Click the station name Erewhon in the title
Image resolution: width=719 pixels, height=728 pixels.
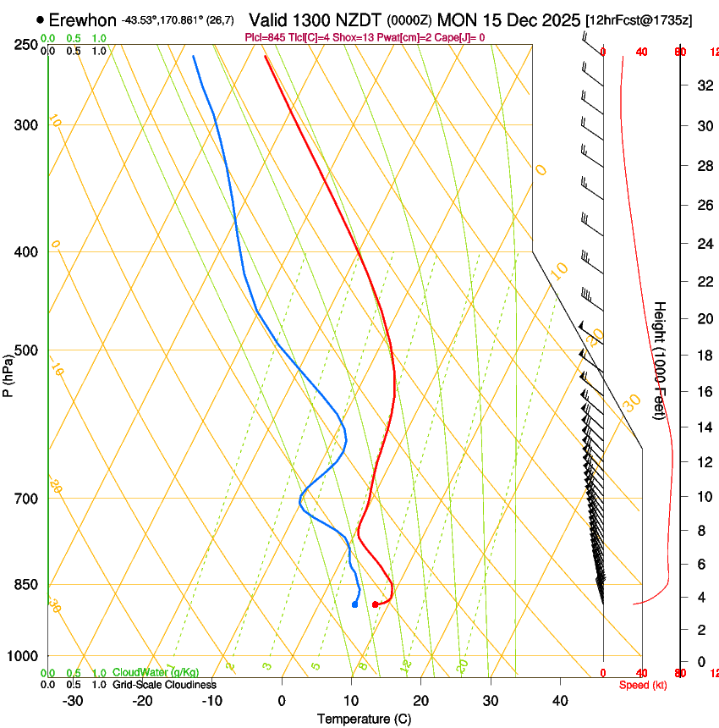click(x=82, y=19)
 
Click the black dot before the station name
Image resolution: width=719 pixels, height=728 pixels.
click(x=40, y=19)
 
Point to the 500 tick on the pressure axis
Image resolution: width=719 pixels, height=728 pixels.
click(x=26, y=350)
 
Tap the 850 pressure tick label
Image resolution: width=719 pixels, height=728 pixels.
click(x=26, y=585)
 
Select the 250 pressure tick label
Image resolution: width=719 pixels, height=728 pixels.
click(x=26, y=45)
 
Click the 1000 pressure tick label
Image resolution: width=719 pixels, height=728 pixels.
click(x=23, y=656)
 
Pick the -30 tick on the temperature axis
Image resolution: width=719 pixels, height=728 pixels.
click(x=73, y=701)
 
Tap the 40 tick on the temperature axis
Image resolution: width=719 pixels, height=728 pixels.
click(x=560, y=701)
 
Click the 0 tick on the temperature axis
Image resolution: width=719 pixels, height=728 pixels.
click(x=282, y=701)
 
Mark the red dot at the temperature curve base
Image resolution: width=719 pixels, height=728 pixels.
click(x=375, y=604)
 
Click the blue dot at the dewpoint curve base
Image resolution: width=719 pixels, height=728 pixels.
click(x=354, y=604)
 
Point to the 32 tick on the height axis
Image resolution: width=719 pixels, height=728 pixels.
click(x=702, y=85)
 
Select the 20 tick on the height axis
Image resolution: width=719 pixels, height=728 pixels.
click(x=702, y=318)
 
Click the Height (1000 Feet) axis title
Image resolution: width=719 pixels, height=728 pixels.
click(x=661, y=361)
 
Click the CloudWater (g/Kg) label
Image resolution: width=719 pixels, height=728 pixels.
click(x=156, y=672)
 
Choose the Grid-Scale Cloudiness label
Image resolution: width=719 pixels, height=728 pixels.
click(x=164, y=685)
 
